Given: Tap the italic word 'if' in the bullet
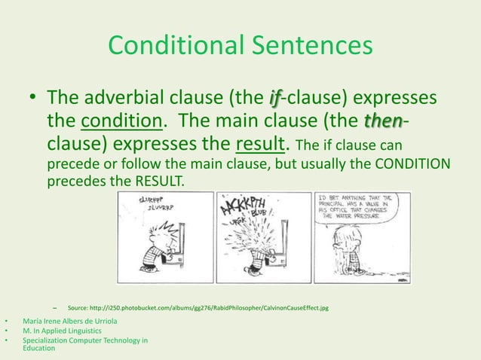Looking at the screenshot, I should pos(276,99).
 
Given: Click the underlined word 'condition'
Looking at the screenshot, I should pos(121,121).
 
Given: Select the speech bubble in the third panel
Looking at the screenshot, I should pos(360,207).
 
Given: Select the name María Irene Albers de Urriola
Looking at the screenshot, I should pos(75,321).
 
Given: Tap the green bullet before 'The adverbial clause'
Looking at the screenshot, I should pos(33,99).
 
